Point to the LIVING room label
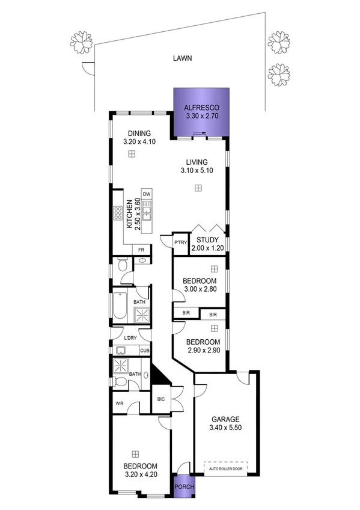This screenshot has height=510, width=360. click(x=197, y=162)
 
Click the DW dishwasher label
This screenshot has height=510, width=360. click(x=146, y=193)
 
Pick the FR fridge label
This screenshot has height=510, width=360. click(x=141, y=250)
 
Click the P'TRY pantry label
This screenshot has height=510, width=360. click(x=179, y=242)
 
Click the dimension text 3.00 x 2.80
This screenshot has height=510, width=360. click(x=199, y=290)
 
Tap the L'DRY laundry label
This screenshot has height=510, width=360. click(x=129, y=337)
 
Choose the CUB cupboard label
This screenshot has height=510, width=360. click(x=144, y=351)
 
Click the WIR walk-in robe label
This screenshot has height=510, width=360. click(x=119, y=404)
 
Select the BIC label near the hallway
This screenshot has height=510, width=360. click(x=160, y=399)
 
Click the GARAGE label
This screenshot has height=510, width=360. click(x=225, y=419)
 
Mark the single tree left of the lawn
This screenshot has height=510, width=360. click(x=81, y=41)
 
